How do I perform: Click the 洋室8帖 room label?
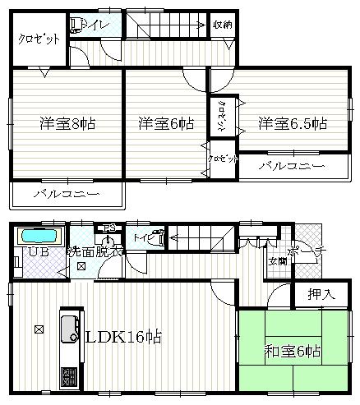67,124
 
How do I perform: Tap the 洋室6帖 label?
165,124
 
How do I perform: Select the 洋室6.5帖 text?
293,124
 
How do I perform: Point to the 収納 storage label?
222,25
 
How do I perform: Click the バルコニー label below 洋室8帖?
67,195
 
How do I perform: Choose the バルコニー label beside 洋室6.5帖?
290,166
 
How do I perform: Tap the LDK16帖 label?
124,338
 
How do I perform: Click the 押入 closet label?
321,293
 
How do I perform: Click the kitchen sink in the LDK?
67,326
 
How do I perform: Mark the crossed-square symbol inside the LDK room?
39,330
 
